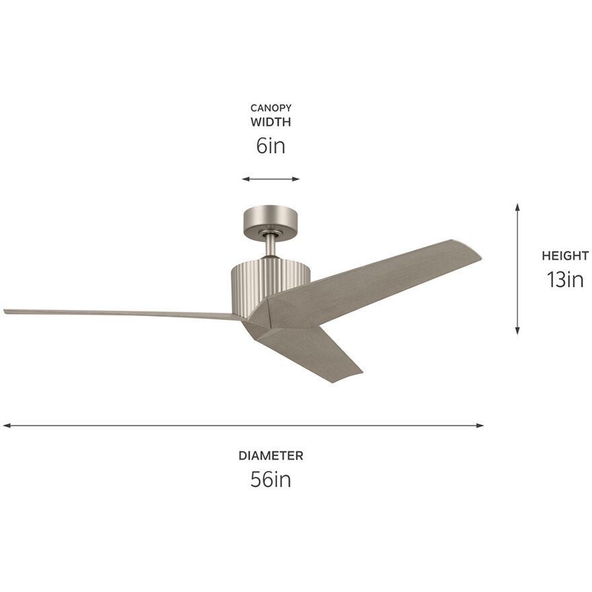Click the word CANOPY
(x=270, y=108)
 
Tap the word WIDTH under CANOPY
(x=270, y=122)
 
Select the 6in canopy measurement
(x=270, y=146)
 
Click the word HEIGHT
(x=565, y=256)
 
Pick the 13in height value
(x=565, y=279)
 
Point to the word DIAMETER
(x=270, y=455)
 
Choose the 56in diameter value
(x=270, y=479)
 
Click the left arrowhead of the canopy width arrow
(x=245, y=179)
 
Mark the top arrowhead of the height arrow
(x=517, y=207)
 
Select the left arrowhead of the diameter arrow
(x=6, y=425)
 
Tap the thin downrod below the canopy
(x=270, y=246)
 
